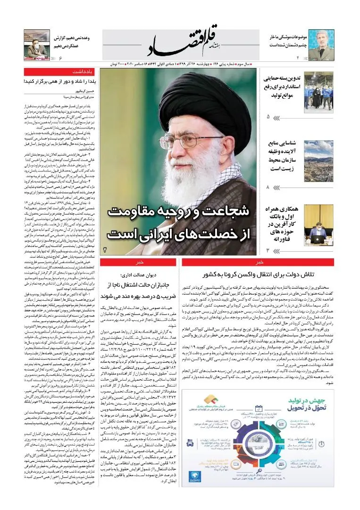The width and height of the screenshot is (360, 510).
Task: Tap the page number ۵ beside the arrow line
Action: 268,116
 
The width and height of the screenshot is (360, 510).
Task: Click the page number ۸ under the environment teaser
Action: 268,187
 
